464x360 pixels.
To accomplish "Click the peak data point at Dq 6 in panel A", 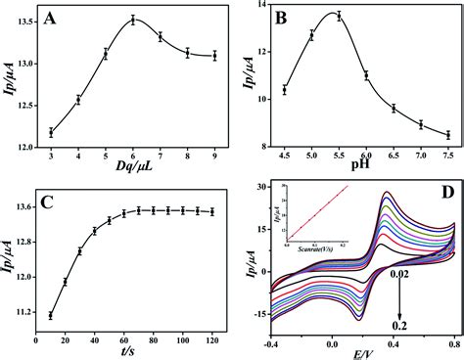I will click(133, 20).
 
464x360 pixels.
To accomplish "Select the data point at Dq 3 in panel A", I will click(50, 132).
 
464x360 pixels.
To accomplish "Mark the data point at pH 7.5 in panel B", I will click(447, 135).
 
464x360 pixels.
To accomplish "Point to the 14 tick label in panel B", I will click(260, 6).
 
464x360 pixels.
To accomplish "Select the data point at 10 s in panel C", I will click(50, 315).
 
